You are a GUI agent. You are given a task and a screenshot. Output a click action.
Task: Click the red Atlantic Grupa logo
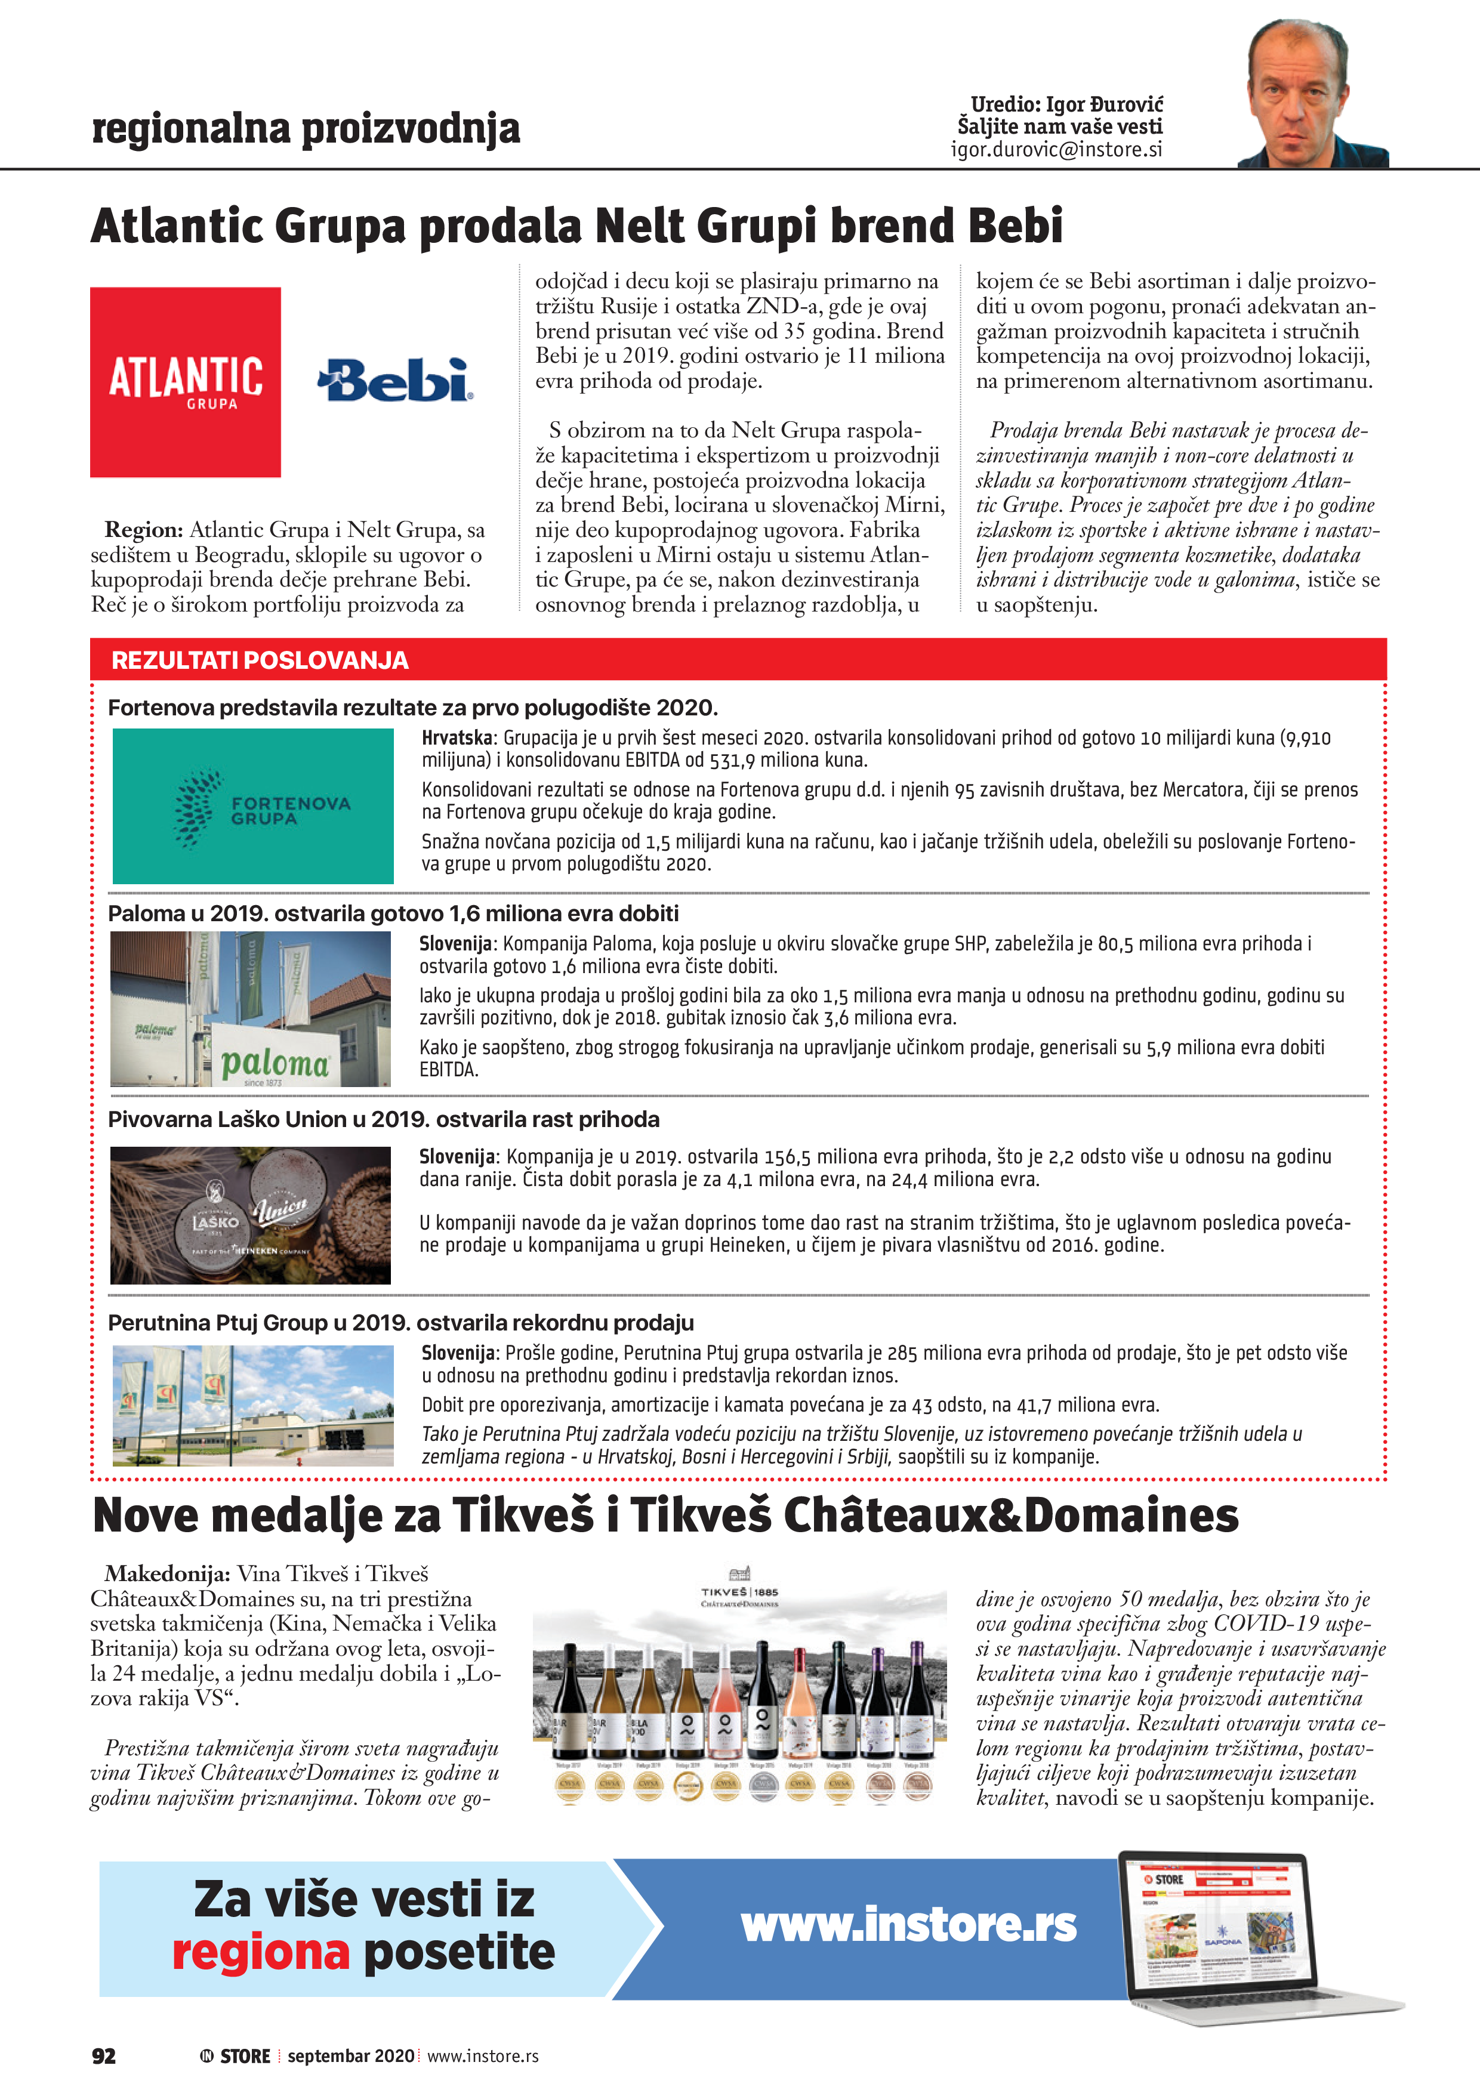pyautogui.click(x=185, y=382)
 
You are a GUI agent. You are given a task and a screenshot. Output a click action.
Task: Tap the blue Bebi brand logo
pyautogui.click(x=395, y=380)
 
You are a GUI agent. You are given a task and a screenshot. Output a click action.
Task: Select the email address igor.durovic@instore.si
pyautogui.click(x=1056, y=150)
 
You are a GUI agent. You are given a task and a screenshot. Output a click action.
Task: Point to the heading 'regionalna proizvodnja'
pyautogui.click(x=306, y=128)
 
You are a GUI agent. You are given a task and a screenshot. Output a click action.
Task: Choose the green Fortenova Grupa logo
pyautogui.click(x=252, y=806)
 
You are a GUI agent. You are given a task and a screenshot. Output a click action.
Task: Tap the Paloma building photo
pyautogui.click(x=250, y=1008)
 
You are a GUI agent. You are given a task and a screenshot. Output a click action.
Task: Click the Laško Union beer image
pyautogui.click(x=250, y=1215)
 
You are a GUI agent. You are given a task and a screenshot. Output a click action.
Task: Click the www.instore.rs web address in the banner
pyautogui.click(x=908, y=1924)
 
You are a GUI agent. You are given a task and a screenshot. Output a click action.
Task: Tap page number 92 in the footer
pyautogui.click(x=104, y=2055)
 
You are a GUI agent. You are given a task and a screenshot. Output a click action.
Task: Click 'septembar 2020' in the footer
pyautogui.click(x=351, y=2055)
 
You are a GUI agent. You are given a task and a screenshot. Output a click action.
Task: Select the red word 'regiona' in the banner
pyautogui.click(x=261, y=1952)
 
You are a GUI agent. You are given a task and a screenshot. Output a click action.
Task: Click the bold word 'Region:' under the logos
pyautogui.click(x=144, y=530)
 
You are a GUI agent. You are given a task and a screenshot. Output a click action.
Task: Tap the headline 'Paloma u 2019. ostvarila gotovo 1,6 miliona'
pyautogui.click(x=393, y=913)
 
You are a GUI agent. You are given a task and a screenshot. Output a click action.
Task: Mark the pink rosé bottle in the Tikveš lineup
pyautogui.click(x=725, y=1702)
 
